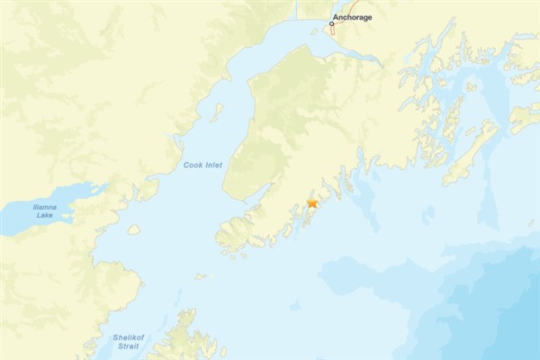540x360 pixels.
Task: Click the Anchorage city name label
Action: pos(352,17)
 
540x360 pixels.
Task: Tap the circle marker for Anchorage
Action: pos(331,23)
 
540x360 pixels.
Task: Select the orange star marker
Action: pos(312,204)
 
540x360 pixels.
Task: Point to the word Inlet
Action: pos(213,166)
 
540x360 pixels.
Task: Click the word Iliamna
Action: pos(44,207)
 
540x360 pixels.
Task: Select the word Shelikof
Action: pos(127,337)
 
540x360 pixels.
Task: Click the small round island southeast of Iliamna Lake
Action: pos(133,229)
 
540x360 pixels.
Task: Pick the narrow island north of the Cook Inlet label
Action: pos(217,112)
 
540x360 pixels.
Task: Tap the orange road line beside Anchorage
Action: pos(332,30)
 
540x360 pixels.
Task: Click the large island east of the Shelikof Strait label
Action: pos(184,340)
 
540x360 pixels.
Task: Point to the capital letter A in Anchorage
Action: pos(336,17)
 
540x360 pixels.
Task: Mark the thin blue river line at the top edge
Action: pos(296,9)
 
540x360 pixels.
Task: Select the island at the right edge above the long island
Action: pos(525,117)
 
